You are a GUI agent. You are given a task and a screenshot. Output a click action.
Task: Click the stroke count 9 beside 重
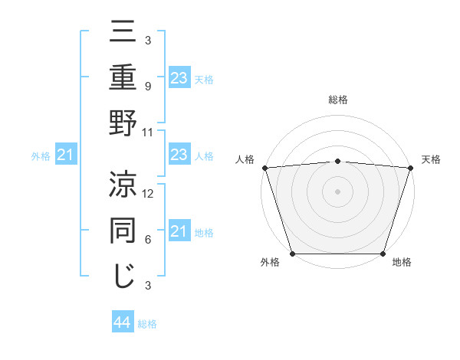coord(149,86)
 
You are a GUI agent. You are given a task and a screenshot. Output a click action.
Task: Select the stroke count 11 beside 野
coord(149,132)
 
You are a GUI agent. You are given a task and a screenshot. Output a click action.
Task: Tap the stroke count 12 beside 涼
coord(149,194)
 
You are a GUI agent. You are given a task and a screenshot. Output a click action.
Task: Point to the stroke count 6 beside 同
coord(149,240)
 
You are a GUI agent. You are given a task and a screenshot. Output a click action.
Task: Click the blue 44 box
coord(123,322)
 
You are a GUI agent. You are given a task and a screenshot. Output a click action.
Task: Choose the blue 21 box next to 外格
coord(65,156)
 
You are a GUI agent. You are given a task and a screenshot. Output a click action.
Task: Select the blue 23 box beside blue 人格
coord(179,155)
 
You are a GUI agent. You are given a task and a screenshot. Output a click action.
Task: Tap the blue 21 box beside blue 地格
coord(179,231)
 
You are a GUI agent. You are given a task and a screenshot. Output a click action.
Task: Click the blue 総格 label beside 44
coord(147,324)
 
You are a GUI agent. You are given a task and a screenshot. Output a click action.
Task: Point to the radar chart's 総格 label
coord(337,100)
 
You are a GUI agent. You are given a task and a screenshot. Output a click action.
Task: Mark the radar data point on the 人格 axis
coord(264,168)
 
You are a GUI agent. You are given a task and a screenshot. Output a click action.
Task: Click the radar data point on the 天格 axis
coord(410,168)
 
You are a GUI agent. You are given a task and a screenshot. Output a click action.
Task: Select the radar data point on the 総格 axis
coord(337,161)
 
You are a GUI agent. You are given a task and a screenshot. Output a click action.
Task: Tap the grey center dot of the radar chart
coord(337,191)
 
